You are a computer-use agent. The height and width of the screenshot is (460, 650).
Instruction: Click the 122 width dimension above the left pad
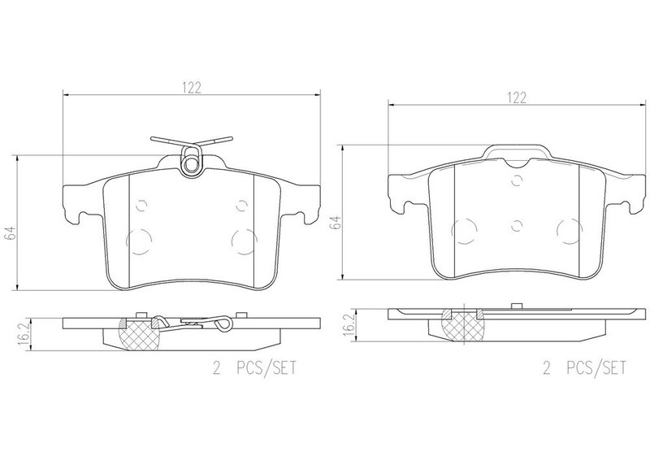pos(192,88)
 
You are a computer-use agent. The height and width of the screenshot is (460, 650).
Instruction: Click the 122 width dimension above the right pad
pos(517,98)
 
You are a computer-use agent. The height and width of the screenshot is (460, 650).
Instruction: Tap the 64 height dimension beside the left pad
pos(11,232)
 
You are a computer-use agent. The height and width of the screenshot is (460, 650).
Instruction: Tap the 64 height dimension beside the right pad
pos(336,223)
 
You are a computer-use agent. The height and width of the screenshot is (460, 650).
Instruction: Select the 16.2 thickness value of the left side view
pos(25,332)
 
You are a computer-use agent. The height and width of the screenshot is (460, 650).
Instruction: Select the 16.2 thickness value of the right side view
pos(350,325)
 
